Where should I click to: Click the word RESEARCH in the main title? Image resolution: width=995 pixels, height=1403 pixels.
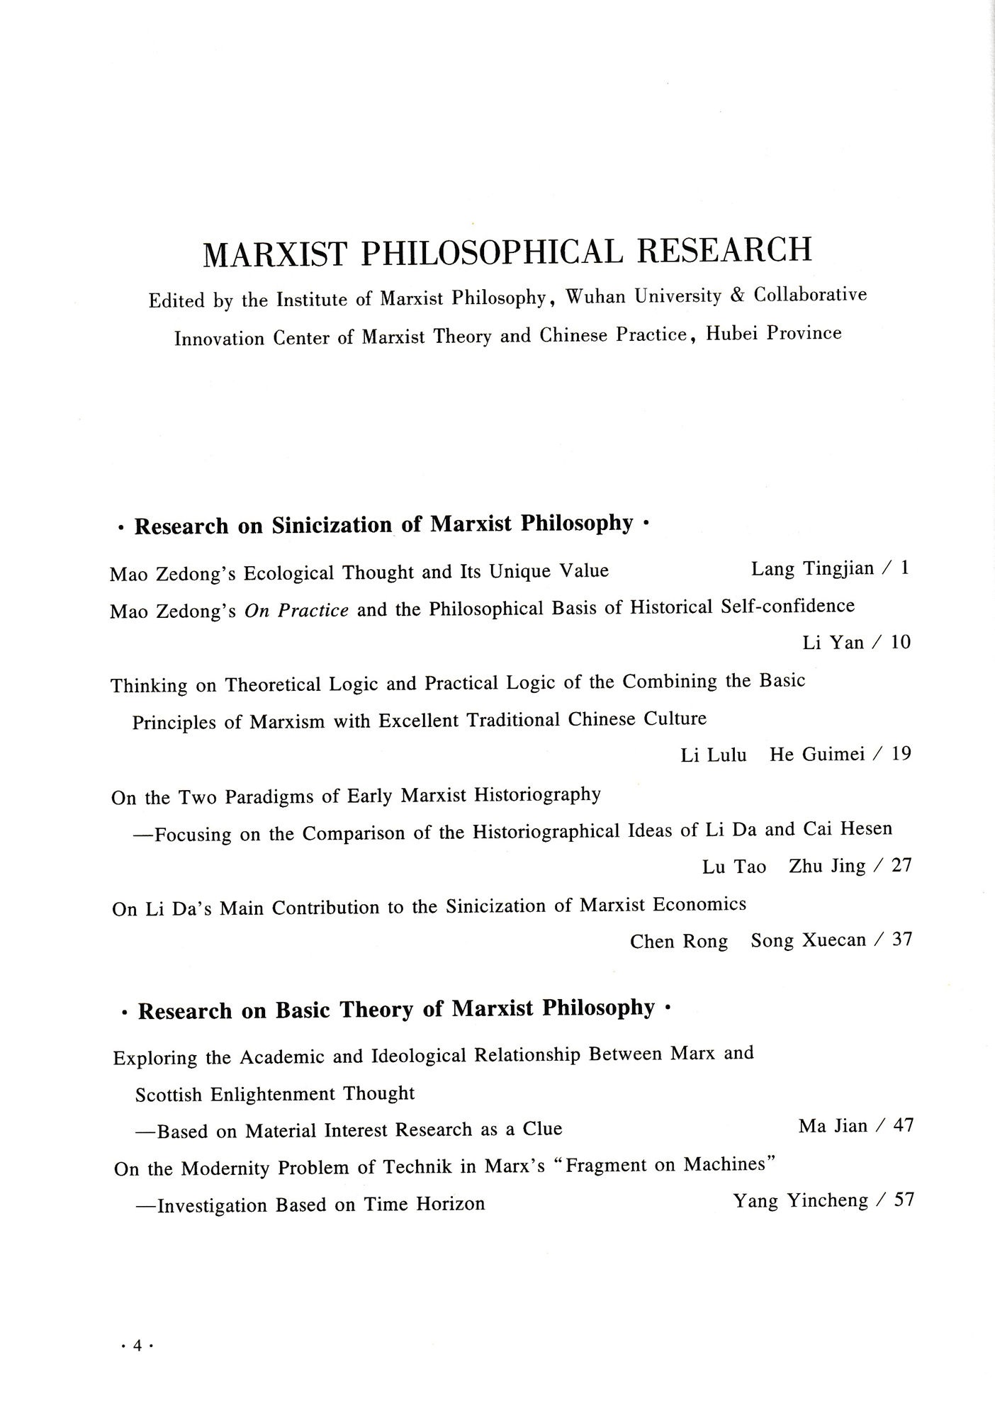tap(724, 249)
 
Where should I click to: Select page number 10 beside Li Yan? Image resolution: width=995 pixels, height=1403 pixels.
tap(900, 642)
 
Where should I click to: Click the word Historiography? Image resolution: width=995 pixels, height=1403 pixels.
tap(537, 795)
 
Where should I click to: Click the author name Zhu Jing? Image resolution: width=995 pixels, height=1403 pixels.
tap(827, 866)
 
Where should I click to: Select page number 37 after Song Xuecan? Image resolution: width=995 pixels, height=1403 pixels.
tap(901, 940)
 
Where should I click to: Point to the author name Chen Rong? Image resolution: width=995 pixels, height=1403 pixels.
tap(679, 941)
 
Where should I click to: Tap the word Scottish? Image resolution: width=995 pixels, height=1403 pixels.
tap(169, 1095)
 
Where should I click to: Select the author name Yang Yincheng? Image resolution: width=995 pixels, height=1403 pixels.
tap(801, 1200)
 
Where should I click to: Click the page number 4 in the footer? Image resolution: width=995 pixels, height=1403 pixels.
tap(137, 1346)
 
